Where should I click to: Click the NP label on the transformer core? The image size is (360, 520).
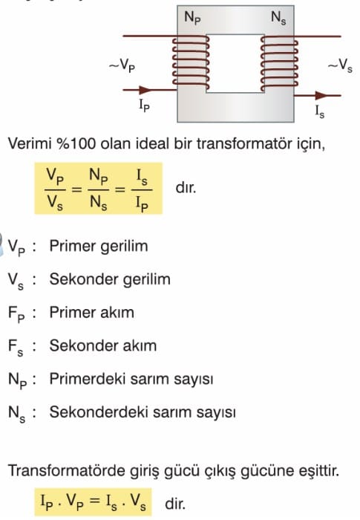192,18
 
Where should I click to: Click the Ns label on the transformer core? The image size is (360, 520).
278,18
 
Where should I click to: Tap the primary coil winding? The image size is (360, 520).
191,62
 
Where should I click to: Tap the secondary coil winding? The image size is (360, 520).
279,63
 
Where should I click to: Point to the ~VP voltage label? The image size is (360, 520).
122,65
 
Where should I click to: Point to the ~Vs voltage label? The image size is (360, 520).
340,65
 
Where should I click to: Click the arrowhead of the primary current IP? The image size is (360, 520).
145,90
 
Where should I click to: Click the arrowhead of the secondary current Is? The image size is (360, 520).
321,96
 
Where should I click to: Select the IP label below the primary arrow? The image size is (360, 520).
144,105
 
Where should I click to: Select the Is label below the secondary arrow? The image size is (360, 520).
320,111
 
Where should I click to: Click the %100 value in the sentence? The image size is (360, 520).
76,144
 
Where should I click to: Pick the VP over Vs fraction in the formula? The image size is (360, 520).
55,189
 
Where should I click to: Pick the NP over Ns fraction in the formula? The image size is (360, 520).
99,189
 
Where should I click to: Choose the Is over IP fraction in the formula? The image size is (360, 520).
142,189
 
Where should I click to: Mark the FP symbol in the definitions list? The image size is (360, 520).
16,313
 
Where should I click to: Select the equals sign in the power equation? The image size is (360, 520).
95,501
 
